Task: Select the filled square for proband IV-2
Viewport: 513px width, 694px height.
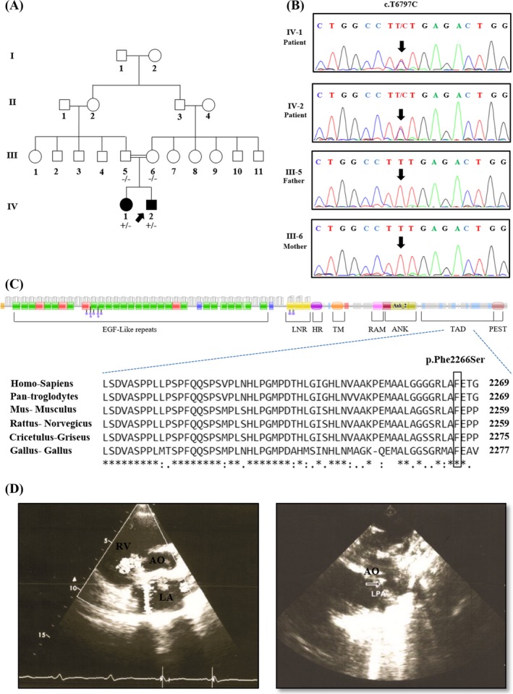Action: pyautogui.click(x=152, y=202)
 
